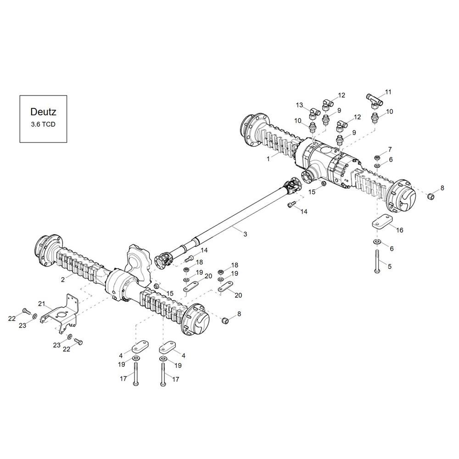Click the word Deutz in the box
pyautogui.click(x=43, y=112)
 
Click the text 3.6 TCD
pyautogui.click(x=43, y=124)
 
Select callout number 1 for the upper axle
pyautogui.click(x=268, y=159)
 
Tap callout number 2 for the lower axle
pyautogui.click(x=63, y=280)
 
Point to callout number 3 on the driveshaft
pyautogui.click(x=245, y=234)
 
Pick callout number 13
pyautogui.click(x=299, y=105)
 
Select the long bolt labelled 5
pyautogui.click(x=377, y=262)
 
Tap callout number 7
pyautogui.click(x=390, y=150)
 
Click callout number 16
pyautogui.click(x=400, y=230)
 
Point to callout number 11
pyautogui.click(x=388, y=92)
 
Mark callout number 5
pyautogui.click(x=390, y=267)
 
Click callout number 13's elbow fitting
pyautogui.click(x=314, y=113)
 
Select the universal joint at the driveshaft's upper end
pyautogui.click(x=291, y=187)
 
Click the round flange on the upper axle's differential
pyautogui.click(x=308, y=178)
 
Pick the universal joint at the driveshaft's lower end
pyautogui.click(x=163, y=259)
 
